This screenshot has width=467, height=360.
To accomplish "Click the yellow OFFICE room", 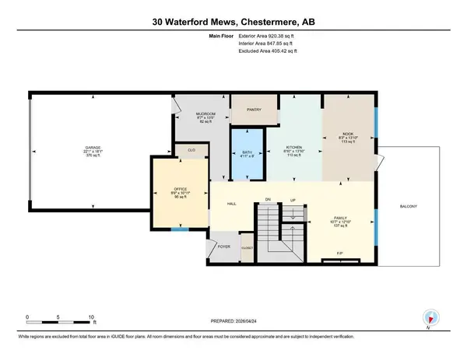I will pos(180,191).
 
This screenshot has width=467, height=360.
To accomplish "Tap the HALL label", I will pos(231,204).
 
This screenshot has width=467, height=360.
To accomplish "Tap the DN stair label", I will pos(267,199).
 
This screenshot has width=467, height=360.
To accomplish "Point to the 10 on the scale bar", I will pos(92,317).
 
